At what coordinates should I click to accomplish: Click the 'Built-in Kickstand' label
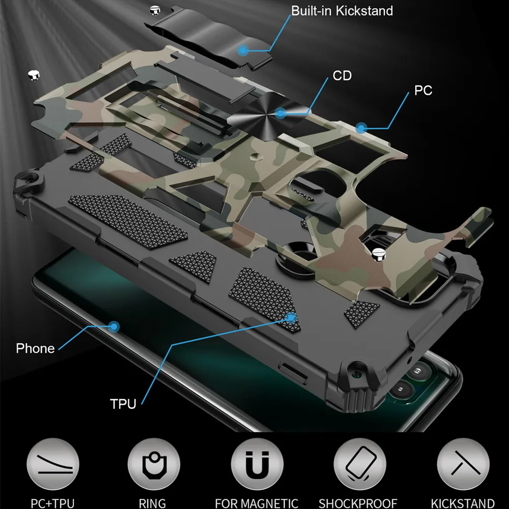(x=342, y=11)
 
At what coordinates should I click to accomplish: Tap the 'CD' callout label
(x=342, y=76)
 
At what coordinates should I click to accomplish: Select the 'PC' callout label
(x=423, y=91)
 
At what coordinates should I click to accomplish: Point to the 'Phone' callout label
(x=35, y=349)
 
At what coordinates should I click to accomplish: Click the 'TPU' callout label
(x=123, y=405)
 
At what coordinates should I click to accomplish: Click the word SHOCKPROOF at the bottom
(x=357, y=503)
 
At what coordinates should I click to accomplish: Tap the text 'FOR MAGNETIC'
(x=256, y=503)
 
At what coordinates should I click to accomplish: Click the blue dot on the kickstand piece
(x=244, y=50)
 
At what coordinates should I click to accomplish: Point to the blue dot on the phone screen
(x=114, y=326)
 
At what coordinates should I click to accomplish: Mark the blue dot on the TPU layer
(x=292, y=317)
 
